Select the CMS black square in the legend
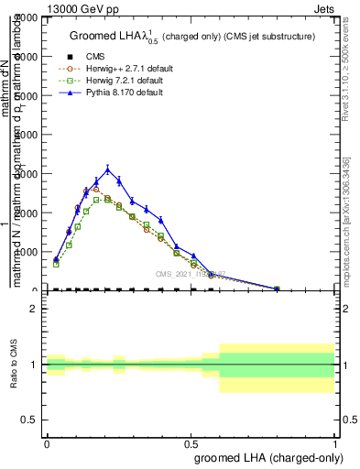(x=67, y=57)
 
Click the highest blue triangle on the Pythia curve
(x=108, y=169)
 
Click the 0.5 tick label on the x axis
(x=191, y=443)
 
